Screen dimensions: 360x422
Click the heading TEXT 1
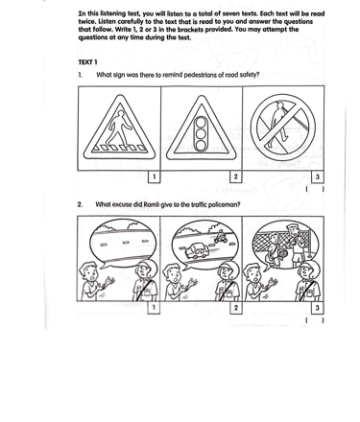point(87,62)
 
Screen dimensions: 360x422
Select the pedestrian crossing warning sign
point(119,128)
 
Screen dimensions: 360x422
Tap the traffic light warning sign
point(202,128)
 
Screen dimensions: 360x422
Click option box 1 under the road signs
point(155,177)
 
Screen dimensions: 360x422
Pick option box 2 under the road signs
point(236,177)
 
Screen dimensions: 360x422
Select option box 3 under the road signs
point(318,177)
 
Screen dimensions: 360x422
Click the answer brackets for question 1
point(315,189)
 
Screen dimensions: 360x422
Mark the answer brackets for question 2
point(315,320)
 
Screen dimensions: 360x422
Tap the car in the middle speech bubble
point(197,251)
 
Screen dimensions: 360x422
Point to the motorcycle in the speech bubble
point(221,237)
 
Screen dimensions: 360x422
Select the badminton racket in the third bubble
point(282,255)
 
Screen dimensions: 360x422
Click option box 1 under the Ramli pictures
point(154,308)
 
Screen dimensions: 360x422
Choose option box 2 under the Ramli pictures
point(236,308)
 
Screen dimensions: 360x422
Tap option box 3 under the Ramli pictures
point(318,308)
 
